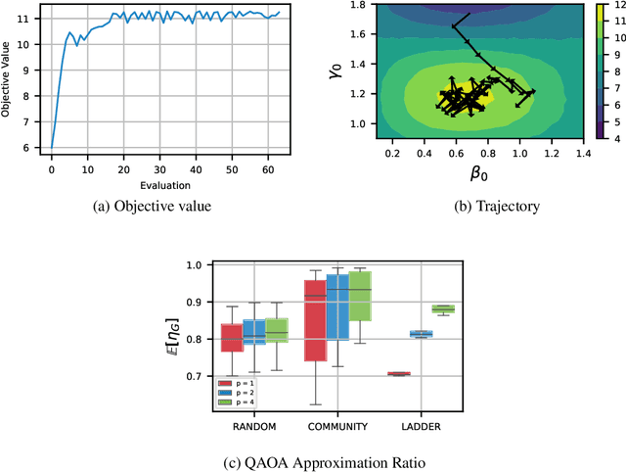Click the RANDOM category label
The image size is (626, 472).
tap(255, 427)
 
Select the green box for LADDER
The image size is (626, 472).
tap(442, 308)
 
